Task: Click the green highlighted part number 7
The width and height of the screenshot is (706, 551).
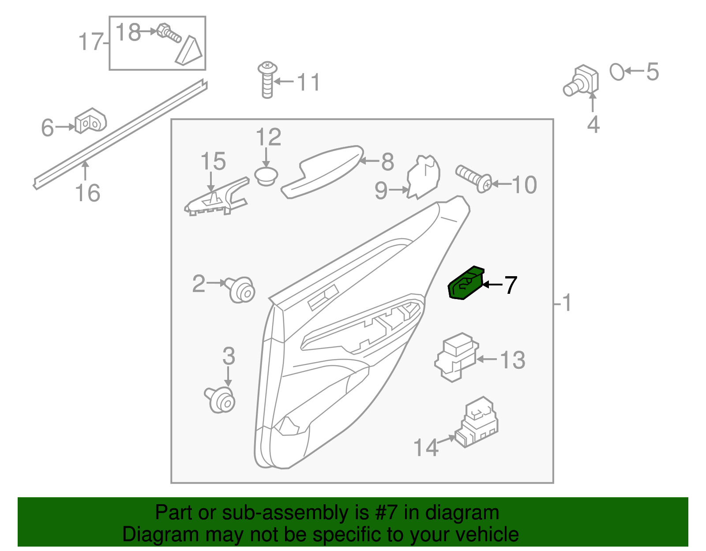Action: (x=465, y=284)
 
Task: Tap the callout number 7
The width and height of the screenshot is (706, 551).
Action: (x=510, y=285)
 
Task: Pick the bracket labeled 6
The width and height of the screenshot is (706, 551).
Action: (x=90, y=121)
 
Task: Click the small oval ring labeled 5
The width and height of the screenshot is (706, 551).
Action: (x=617, y=71)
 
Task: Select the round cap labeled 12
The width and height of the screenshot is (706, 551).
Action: (x=266, y=176)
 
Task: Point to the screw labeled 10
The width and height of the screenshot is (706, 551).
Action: (x=473, y=178)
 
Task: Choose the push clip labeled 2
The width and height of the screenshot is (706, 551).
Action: (x=241, y=290)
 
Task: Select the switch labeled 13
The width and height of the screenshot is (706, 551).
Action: (x=457, y=356)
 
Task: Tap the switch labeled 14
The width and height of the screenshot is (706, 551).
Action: (x=477, y=424)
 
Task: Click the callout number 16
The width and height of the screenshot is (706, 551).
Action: (x=88, y=193)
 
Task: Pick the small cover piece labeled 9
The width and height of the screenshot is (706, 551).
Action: (x=423, y=176)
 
